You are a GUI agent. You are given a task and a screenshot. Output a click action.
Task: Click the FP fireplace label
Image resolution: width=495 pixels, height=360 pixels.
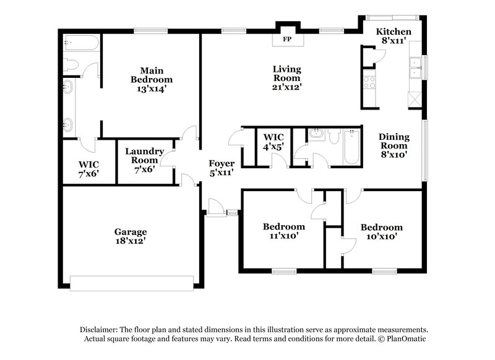coord(286,40)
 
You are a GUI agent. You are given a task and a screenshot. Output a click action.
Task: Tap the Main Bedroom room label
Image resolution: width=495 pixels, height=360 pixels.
coord(152,75)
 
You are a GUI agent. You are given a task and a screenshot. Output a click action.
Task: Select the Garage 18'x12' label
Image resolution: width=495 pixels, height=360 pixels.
coord(130,236)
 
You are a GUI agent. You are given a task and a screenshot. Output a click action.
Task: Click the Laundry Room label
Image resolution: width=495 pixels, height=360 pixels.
coord(144,155)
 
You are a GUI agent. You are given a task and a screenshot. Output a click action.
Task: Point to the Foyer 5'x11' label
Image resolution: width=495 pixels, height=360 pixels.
coord(221,168)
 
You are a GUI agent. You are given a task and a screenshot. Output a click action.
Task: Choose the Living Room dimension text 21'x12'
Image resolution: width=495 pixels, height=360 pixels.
coord(287,87)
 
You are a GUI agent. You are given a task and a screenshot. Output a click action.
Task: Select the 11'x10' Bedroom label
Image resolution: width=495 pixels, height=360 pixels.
coord(283,231)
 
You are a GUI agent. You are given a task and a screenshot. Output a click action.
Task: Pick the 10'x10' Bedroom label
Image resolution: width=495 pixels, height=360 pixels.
coord(381,231)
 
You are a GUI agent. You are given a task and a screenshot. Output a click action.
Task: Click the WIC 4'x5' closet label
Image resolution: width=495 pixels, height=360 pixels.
coord(273,142)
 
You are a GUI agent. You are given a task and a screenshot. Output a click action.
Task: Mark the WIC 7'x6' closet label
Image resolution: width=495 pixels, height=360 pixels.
coord(88,169)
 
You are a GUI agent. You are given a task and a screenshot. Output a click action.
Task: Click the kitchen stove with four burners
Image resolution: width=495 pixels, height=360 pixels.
coord(369,82)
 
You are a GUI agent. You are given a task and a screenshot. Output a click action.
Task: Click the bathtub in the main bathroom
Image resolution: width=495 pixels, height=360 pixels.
coord(81,44)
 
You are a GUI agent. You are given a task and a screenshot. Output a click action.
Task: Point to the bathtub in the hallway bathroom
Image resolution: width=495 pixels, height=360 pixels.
coord(351,147)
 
